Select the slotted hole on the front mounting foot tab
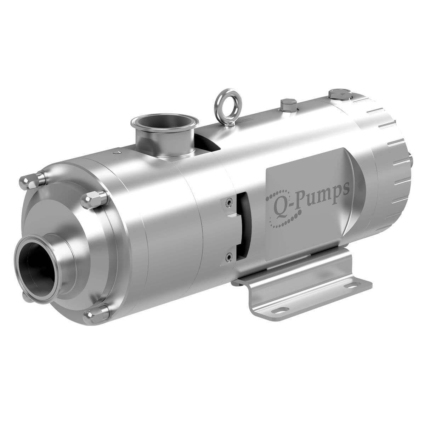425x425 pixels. tap(280, 312)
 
